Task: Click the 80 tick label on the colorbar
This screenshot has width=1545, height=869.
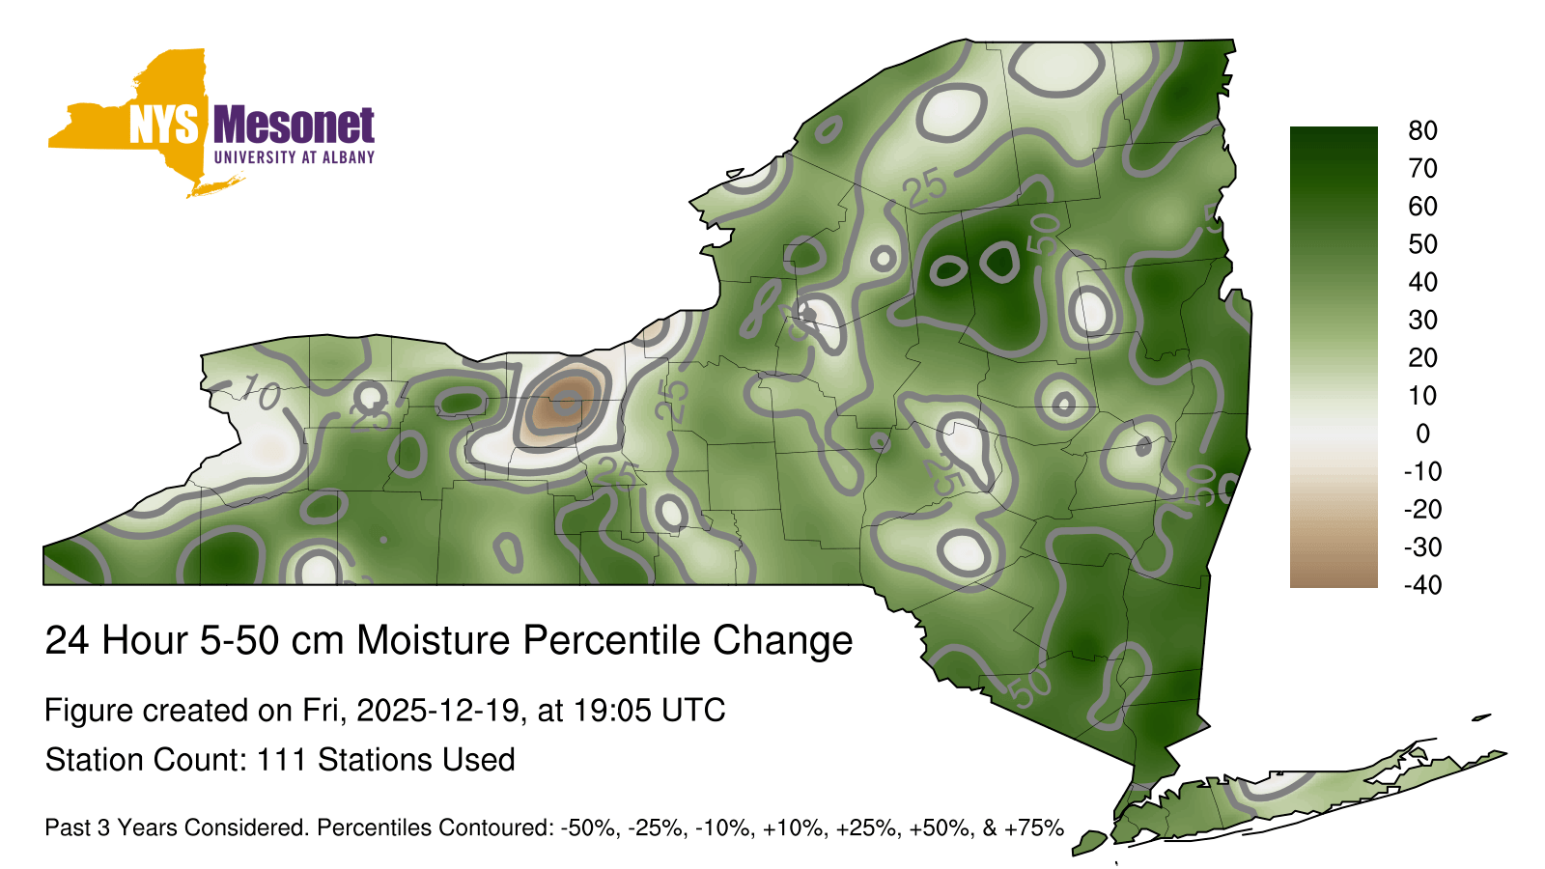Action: (x=1422, y=130)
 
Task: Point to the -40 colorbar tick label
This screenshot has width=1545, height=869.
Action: (x=1423, y=585)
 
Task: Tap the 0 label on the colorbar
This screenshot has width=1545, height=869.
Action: (x=1422, y=434)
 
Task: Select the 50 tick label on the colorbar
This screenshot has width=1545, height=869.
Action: (x=1422, y=244)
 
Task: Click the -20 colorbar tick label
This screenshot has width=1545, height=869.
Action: (x=1423, y=509)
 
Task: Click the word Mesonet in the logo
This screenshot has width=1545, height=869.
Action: (x=294, y=126)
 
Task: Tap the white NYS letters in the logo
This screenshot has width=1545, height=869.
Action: (x=164, y=126)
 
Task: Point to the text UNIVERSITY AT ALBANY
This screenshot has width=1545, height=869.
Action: (x=295, y=157)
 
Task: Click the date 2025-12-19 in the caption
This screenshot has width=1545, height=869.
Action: (x=437, y=711)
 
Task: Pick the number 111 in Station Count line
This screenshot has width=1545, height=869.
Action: (x=281, y=760)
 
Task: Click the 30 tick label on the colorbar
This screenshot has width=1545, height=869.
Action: (x=1422, y=320)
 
